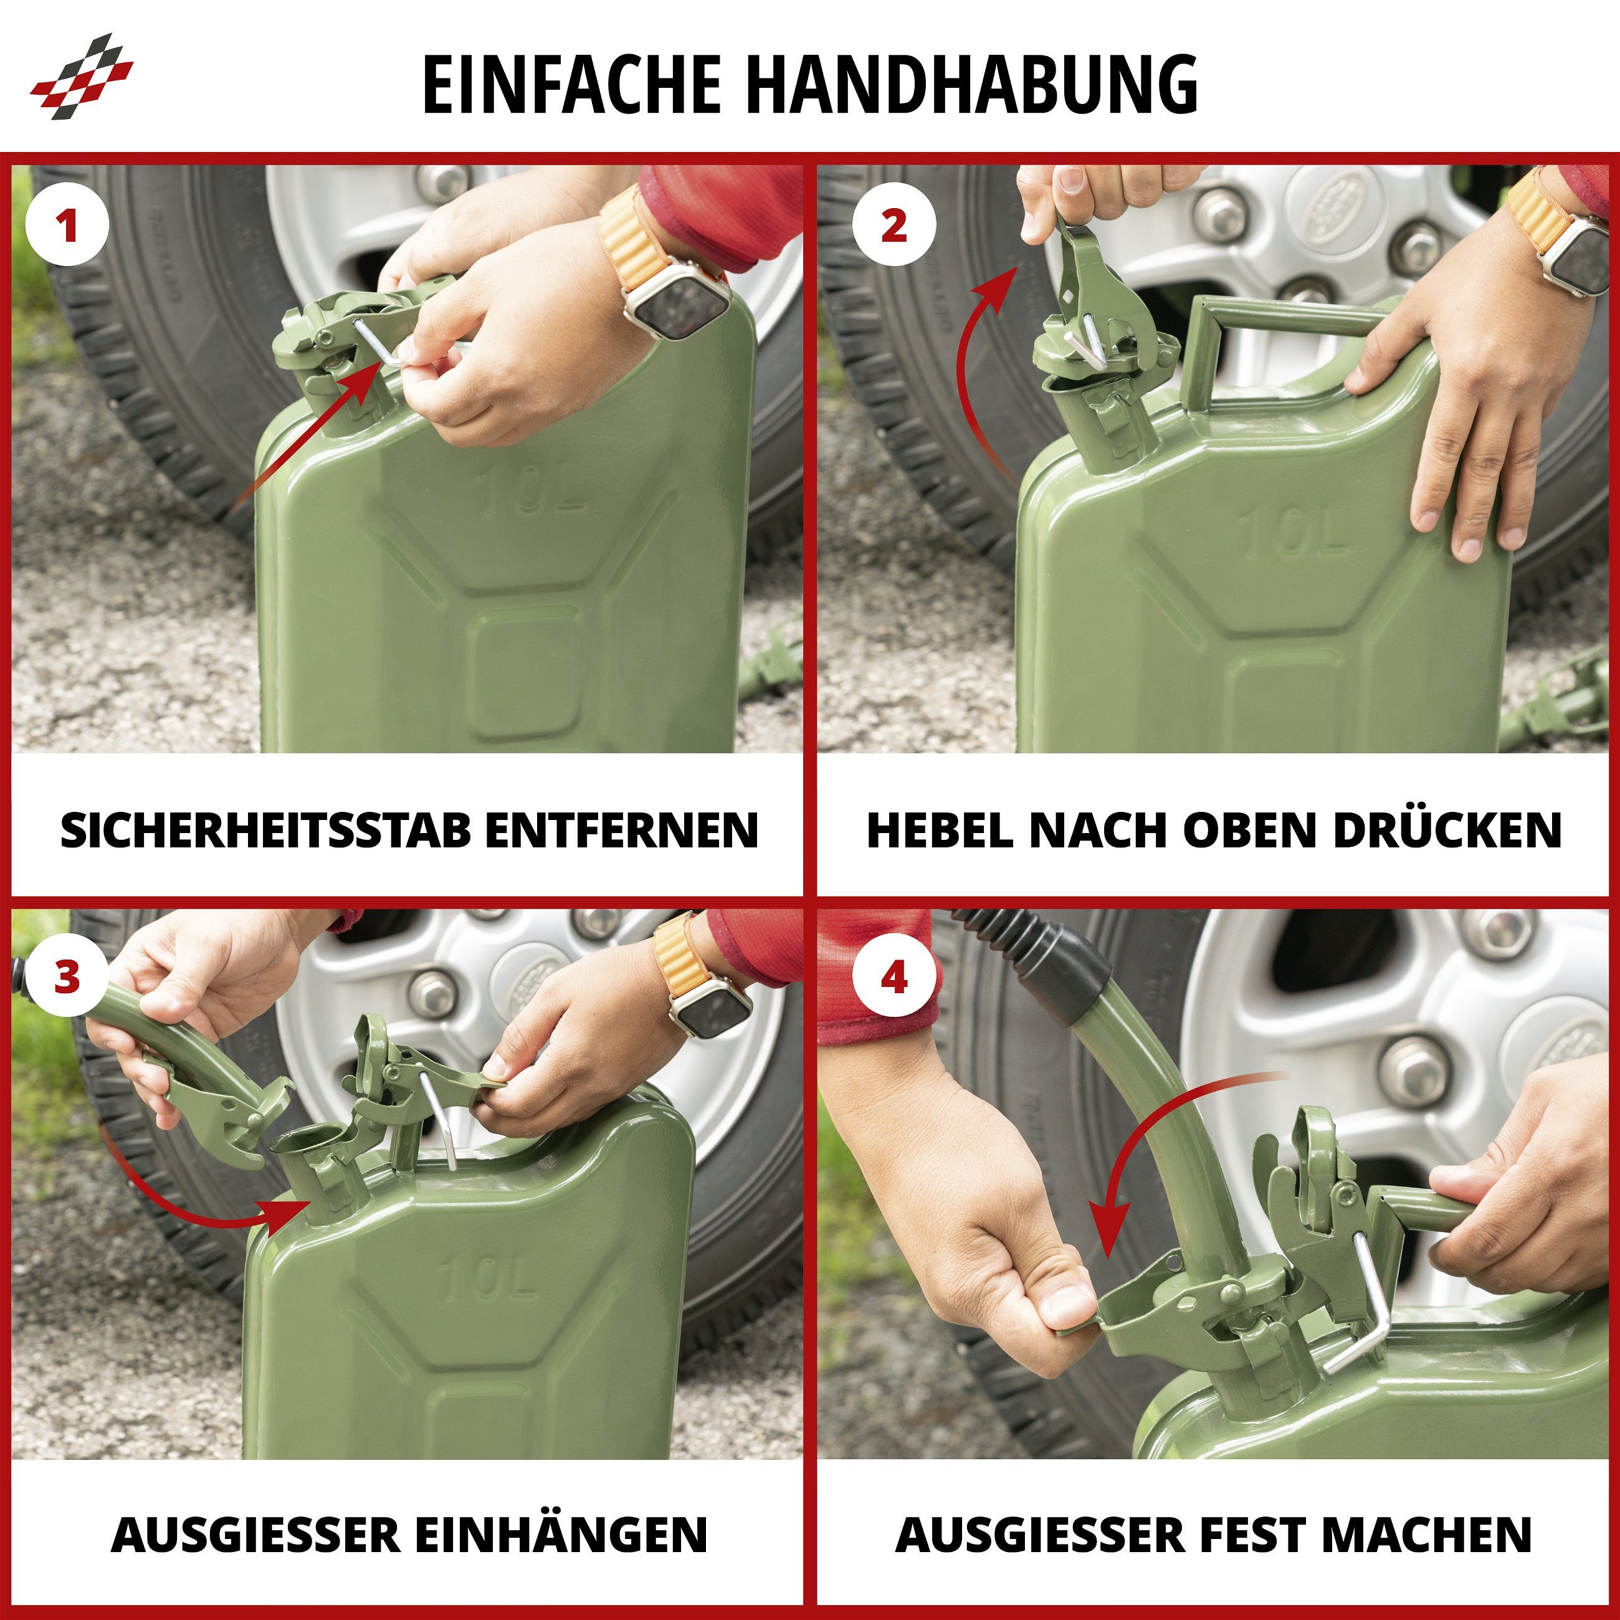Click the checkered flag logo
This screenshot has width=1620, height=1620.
coord(82,76)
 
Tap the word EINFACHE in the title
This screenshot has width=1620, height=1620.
coord(571,84)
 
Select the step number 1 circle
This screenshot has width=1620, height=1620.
coord(67,226)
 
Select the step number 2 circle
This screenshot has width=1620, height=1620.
coord(894,226)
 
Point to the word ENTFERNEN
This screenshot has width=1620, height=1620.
coord(621,830)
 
